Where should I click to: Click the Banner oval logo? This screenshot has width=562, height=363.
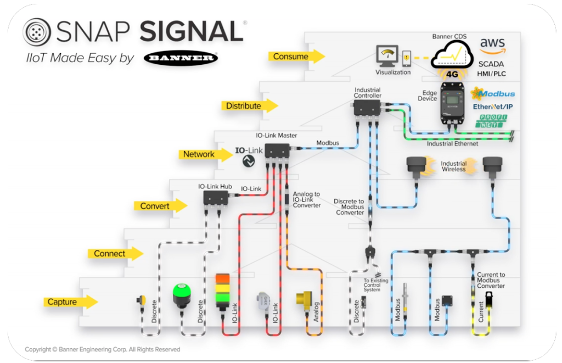[181, 58]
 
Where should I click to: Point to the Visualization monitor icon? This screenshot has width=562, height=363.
[388, 57]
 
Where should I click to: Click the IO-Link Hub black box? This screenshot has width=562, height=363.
[216, 197]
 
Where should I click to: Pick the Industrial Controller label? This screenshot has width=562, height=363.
[367, 93]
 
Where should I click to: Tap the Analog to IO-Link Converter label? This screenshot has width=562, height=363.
[307, 199]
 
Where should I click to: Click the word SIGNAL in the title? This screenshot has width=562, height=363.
[190, 32]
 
